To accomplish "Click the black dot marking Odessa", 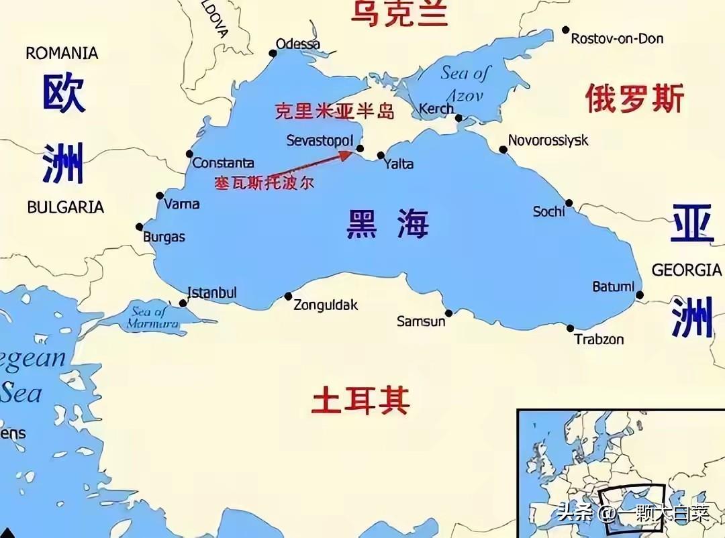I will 273,53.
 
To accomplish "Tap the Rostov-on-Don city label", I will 617,39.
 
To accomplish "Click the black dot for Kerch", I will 459,118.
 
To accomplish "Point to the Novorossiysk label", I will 548,140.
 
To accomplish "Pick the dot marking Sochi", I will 569,203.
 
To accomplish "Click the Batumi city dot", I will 640,294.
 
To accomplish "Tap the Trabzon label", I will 599,339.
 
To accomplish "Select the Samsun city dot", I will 448,313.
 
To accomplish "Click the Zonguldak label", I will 326,305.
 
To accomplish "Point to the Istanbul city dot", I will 183,303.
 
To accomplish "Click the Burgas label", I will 164,237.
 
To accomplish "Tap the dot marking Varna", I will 160,196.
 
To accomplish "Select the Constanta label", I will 223,163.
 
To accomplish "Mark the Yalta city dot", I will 381,156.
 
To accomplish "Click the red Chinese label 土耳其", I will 360,400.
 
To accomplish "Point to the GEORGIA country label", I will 686,270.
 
